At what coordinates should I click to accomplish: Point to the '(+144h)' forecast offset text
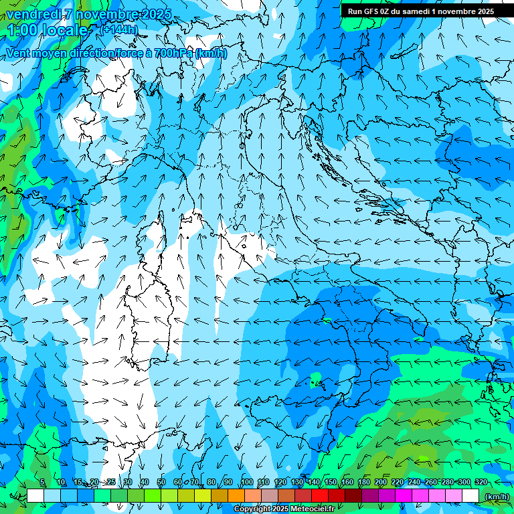pyautogui.click(x=119, y=30)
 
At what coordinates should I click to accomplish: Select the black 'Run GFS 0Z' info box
pyautogui.click(x=420, y=11)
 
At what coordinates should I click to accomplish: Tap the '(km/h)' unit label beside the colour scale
pyautogui.click(x=496, y=496)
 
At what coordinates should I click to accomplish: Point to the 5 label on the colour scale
pyautogui.click(x=42, y=482)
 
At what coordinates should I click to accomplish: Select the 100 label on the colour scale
pyautogui.click(x=246, y=482)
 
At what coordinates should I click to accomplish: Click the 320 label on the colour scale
pyautogui.click(x=481, y=482)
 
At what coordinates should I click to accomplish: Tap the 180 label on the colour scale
pyautogui.click(x=363, y=482)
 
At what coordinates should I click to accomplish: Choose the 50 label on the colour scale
pyautogui.click(x=161, y=482)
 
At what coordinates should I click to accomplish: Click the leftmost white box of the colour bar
pyautogui.click(x=35, y=495)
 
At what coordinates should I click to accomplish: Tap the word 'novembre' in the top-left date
pyautogui.click(x=107, y=14)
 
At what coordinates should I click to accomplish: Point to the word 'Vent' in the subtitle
pyautogui.click(x=18, y=54)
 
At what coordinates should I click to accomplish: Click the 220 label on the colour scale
pyautogui.click(x=397, y=482)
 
